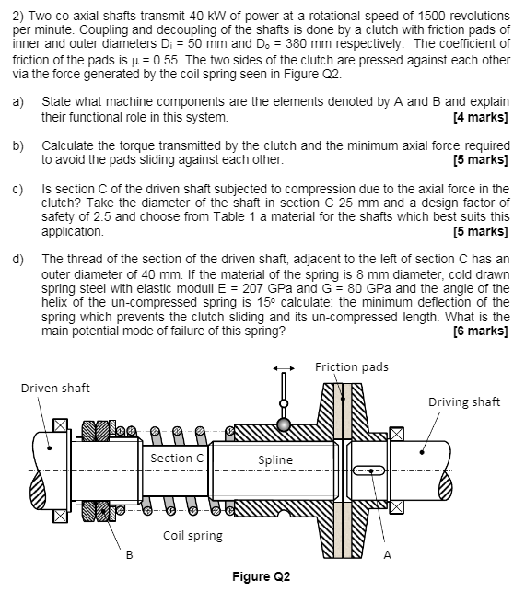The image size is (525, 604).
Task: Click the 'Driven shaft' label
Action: (55, 388)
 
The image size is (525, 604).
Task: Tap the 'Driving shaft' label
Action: (464, 401)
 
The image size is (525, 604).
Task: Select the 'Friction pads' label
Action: (351, 367)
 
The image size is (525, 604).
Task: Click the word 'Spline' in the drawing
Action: (275, 459)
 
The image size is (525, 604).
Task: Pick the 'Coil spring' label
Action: (192, 535)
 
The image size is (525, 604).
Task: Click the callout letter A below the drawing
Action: (387, 554)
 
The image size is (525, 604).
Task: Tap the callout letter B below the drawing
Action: (128, 554)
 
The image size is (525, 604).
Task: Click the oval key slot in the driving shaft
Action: (368, 470)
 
